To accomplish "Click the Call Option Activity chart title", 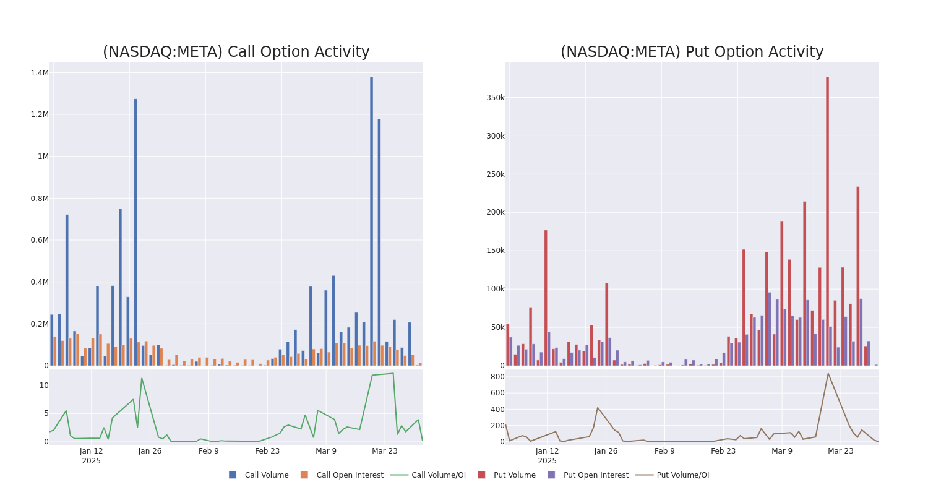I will pyautogui.click(x=236, y=52).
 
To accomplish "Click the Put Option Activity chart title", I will pyautogui.click(x=692, y=52).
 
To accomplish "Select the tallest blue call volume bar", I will pyautogui.click(x=371, y=221).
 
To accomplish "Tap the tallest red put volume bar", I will pyautogui.click(x=827, y=221).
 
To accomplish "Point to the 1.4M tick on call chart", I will pyautogui.click(x=40, y=73).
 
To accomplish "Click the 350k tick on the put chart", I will pyautogui.click(x=495, y=98).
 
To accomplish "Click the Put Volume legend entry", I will pyautogui.click(x=514, y=475).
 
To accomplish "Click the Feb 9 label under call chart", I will pyautogui.click(x=208, y=451).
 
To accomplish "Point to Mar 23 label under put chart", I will pyautogui.click(x=840, y=451).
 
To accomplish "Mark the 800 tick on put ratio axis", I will pyautogui.click(x=497, y=376).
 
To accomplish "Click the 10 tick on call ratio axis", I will pyautogui.click(x=44, y=385).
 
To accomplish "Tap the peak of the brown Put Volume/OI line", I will pyautogui.click(x=828, y=373).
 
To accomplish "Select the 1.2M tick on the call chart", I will pyautogui.click(x=40, y=114).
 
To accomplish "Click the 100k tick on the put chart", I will pyautogui.click(x=495, y=289).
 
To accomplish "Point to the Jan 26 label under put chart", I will pyautogui.click(x=606, y=451).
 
